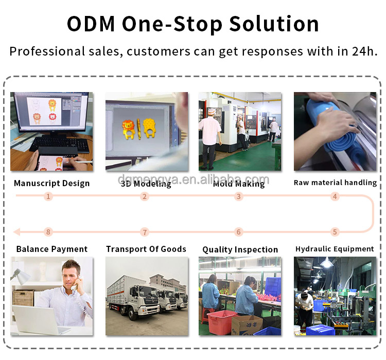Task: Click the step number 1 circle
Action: point(48,196)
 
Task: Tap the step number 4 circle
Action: point(335,196)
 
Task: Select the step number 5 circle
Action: point(335,232)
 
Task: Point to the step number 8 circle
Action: point(48,232)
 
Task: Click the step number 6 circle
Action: point(238,232)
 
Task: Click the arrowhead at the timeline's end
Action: point(17,232)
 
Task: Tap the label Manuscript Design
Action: point(51,183)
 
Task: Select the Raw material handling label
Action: point(335,183)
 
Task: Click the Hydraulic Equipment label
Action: point(335,249)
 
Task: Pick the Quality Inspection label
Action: point(240,249)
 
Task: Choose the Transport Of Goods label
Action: point(146,249)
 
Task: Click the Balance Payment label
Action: point(52,249)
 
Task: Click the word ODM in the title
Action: point(91,24)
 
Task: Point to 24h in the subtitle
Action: point(364,51)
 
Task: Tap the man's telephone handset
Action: point(76,283)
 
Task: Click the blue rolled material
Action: point(335,128)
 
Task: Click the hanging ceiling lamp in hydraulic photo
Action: point(327,263)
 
